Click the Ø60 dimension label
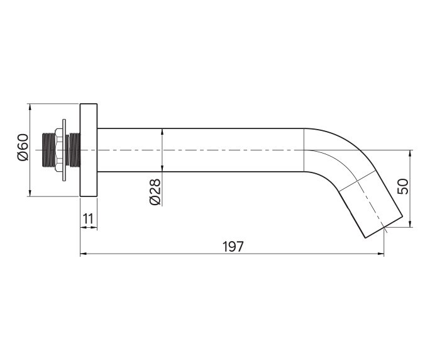click(23, 147)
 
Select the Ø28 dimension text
click(155, 192)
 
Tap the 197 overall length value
click(233, 247)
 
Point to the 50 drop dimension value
click(402, 186)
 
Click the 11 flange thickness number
click(88, 219)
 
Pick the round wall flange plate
click(89, 150)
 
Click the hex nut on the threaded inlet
click(58, 150)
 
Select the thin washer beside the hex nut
click(64, 150)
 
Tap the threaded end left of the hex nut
click(48, 150)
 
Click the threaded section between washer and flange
click(74, 150)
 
